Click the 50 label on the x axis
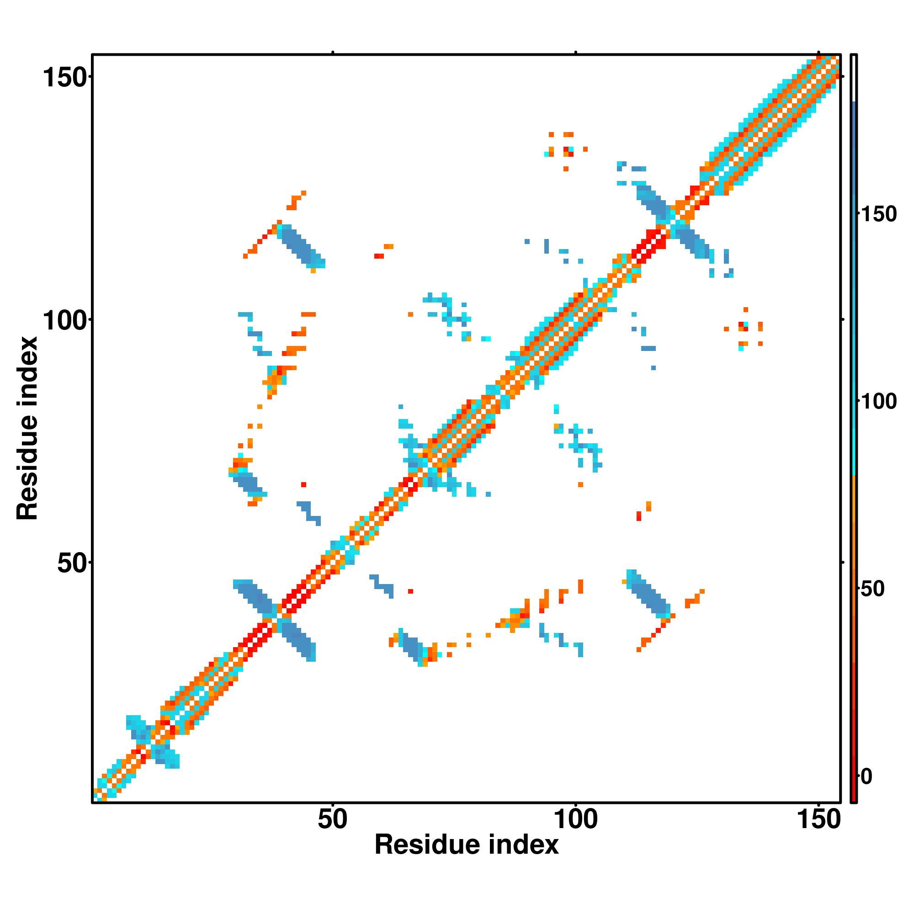pyautogui.click(x=332, y=819)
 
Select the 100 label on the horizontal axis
pyautogui.click(x=575, y=819)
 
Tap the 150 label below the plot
pyautogui.click(x=819, y=819)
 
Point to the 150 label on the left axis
pyautogui.click(x=66, y=78)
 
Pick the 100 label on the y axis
pyautogui.click(x=66, y=321)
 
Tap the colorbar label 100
pyautogui.click(x=878, y=402)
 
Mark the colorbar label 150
pyautogui.click(x=878, y=214)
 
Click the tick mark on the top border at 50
pyautogui.click(x=333, y=53)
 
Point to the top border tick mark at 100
pyautogui.click(x=576, y=53)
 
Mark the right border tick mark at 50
pyautogui.click(x=843, y=563)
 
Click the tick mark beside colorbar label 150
pyautogui.click(x=859, y=214)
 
